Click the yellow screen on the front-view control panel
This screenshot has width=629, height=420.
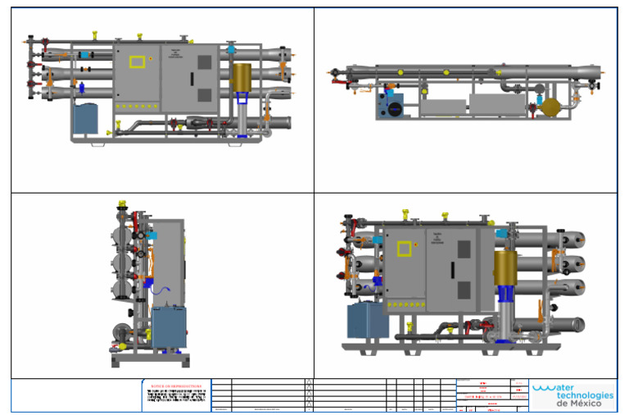pos(136,61)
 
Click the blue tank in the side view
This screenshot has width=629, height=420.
pos(170,326)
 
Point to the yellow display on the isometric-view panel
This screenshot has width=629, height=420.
pos(407,251)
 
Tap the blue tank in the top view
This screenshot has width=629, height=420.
pos(391,107)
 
